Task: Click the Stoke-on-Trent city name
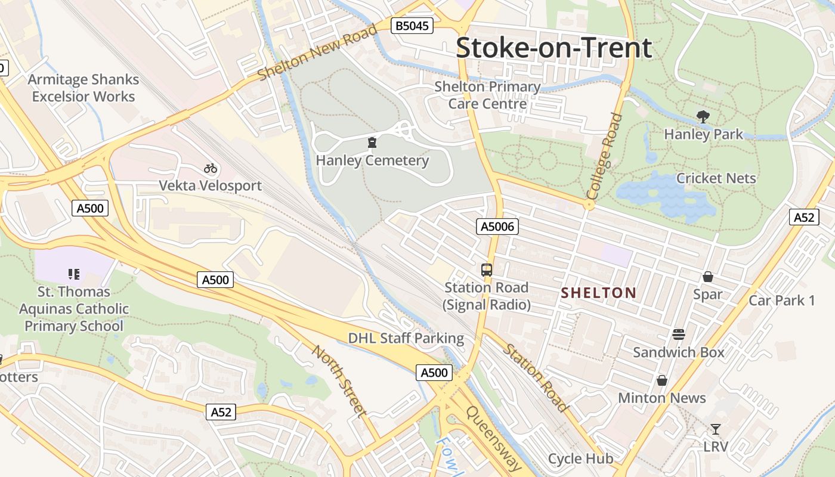pos(554,48)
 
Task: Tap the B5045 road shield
pos(412,26)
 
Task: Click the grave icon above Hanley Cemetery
pos(372,143)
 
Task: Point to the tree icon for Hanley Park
pos(703,117)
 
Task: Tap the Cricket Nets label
pos(716,178)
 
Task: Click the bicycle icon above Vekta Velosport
pos(210,168)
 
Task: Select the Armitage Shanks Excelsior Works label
pos(83,88)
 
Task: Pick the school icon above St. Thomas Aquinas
pos(74,274)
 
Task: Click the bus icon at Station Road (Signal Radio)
pos(487,270)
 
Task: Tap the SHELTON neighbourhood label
pos(599,293)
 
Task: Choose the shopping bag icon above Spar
pos(707,277)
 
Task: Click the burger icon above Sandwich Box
pos(679,334)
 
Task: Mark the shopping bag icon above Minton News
pos(661,380)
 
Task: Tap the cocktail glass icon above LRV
pos(715,429)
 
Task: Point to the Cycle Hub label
pos(580,459)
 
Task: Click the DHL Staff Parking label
pos(406,339)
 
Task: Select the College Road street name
pos(605,157)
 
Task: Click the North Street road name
pos(338,380)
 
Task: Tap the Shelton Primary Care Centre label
pos(487,95)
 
